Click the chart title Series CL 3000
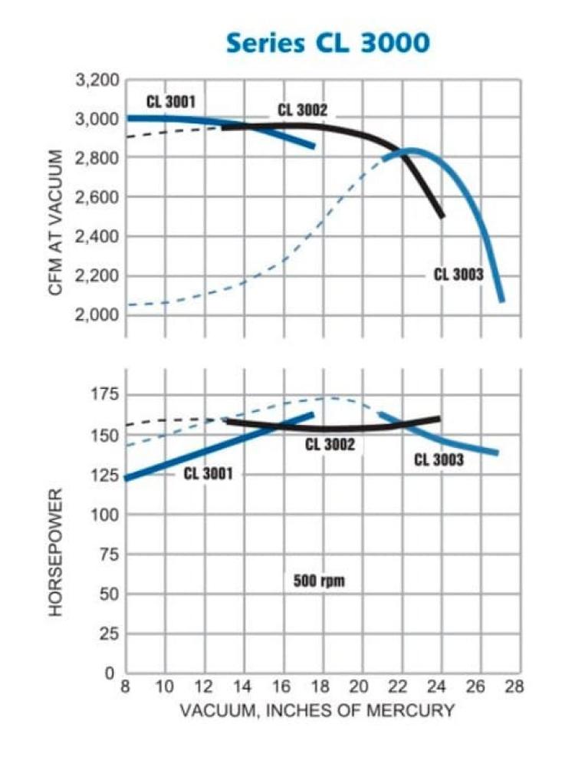tap(327, 43)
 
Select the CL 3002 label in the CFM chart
tap(303, 110)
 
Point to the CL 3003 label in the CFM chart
tap(458, 275)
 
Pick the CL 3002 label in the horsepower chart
tap(330, 444)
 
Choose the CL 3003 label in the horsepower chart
tap(439, 460)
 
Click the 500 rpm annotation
tap(319, 580)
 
